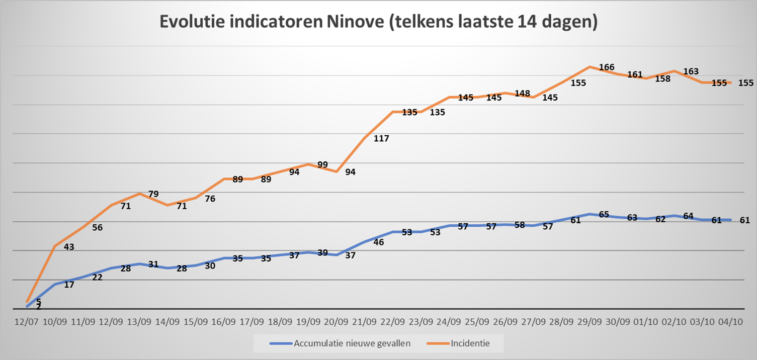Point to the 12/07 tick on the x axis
tap(27, 321)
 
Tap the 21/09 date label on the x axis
tap(364, 321)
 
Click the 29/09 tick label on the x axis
tap(590, 321)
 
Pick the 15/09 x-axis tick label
tap(196, 321)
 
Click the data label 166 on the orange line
tap(607, 67)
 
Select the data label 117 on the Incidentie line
tap(382, 138)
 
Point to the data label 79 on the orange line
tap(154, 194)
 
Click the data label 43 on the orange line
tap(69, 247)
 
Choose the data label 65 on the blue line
tap(604, 215)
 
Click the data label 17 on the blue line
tap(69, 285)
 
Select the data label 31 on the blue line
tap(154, 264)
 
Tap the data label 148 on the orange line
tap(523, 93)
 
